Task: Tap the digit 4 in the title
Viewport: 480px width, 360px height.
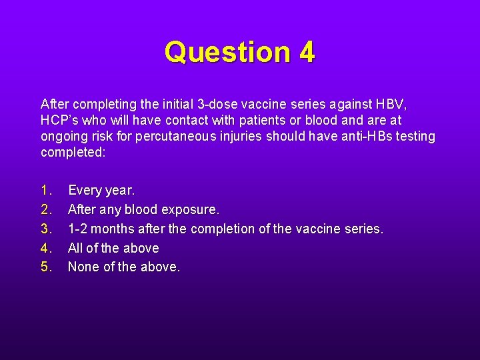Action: [x=307, y=52]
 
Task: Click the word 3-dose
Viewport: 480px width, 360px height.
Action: [x=217, y=104]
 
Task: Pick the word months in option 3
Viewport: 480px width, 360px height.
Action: [x=114, y=229]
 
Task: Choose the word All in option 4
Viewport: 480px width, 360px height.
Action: [x=76, y=248]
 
